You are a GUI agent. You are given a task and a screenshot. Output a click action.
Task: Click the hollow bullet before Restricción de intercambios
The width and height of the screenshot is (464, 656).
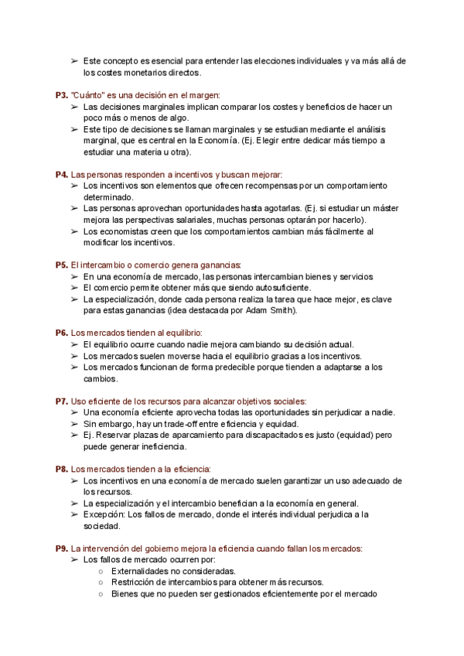(101, 583)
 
